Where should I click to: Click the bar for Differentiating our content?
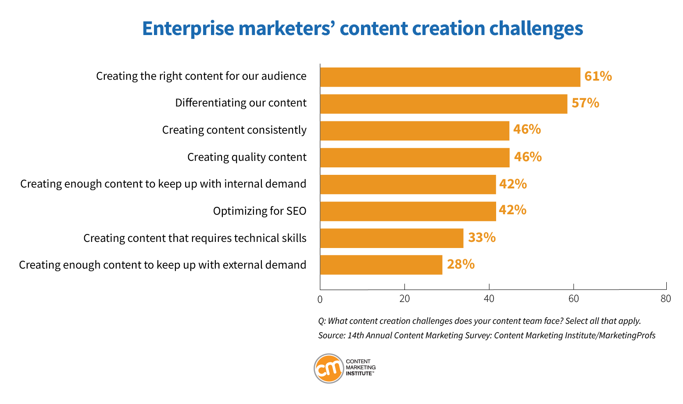[x=443, y=104]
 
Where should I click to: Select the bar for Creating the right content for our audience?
[x=450, y=77]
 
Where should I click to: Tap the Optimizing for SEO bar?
[x=408, y=211]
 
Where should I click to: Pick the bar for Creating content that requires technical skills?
[x=392, y=238]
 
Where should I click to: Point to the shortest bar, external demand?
[x=381, y=265]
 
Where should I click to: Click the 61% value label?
[x=598, y=76]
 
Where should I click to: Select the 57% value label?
[x=586, y=103]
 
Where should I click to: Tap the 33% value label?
[x=482, y=237]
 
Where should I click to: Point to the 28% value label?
[x=461, y=264]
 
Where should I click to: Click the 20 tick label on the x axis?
[x=404, y=299]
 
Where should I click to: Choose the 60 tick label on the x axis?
[x=573, y=299]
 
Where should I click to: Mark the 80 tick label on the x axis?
[x=666, y=299]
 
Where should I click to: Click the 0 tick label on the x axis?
[x=320, y=300]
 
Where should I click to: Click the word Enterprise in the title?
[x=188, y=28]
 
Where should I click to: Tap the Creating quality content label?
[x=247, y=157]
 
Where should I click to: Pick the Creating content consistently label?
[x=234, y=130]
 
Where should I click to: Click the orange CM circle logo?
[x=329, y=369]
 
